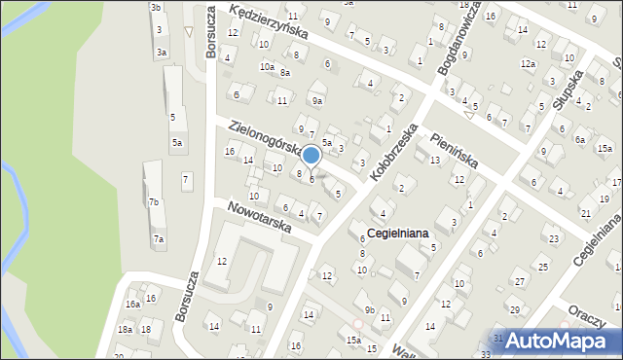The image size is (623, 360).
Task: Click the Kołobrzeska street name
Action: point(393,151)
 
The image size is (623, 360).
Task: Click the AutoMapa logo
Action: point(558,341)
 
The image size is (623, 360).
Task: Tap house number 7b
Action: point(154,202)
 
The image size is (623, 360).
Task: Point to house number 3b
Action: point(156,7)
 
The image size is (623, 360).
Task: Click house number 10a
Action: point(266,66)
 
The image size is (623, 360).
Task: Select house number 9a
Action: point(316,100)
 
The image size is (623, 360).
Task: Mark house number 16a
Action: point(131,304)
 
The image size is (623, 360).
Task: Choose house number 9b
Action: point(370,308)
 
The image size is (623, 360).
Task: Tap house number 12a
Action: point(527,63)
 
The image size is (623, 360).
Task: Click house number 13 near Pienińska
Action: point(435,160)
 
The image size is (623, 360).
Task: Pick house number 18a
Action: point(126,330)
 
